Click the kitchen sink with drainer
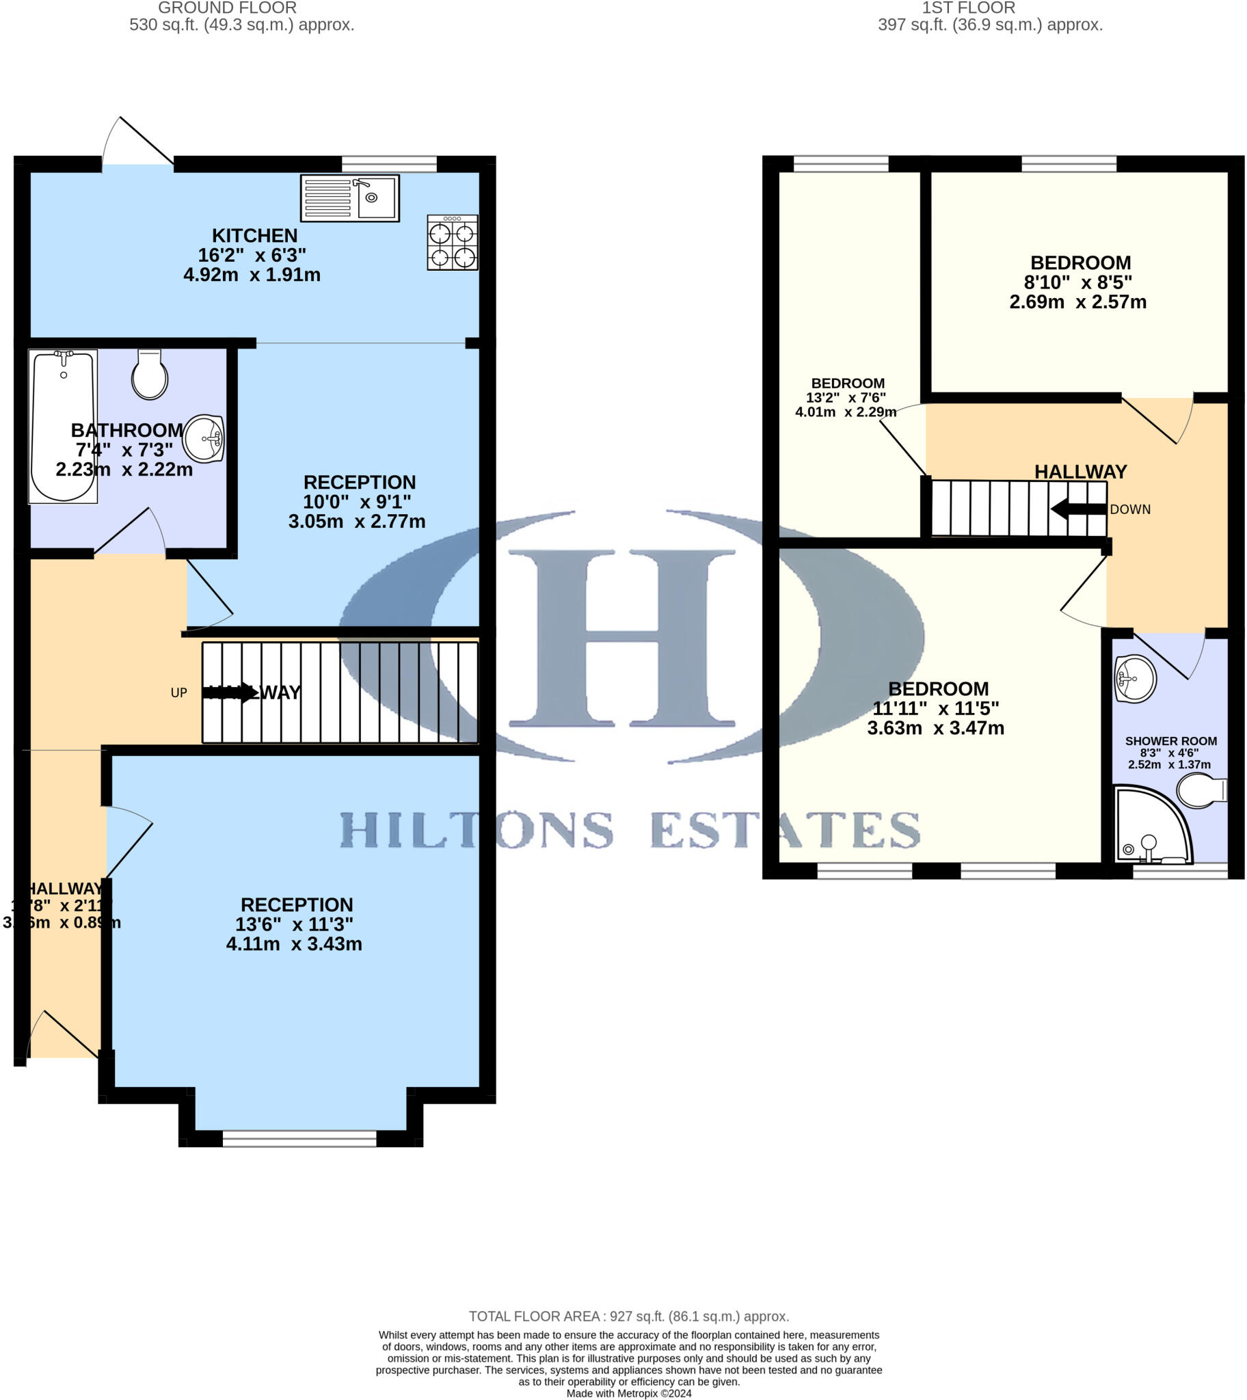pyautogui.click(x=349, y=199)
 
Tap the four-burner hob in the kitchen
pyautogui.click(x=452, y=243)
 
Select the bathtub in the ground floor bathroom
pyautogui.click(x=63, y=426)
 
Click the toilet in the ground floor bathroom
pyautogui.click(x=149, y=375)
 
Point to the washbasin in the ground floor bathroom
pyautogui.click(x=204, y=438)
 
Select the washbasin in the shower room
pyautogui.click(x=1135, y=679)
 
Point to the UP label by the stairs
pyautogui.click(x=179, y=692)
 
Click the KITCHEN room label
pyautogui.click(x=254, y=236)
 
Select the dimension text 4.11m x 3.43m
pyautogui.click(x=294, y=944)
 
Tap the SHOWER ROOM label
pyautogui.click(x=1170, y=741)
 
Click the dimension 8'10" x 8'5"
pyautogui.click(x=1077, y=282)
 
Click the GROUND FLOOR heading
pyautogui.click(x=227, y=8)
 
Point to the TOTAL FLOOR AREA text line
pyautogui.click(x=628, y=1317)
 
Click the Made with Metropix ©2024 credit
pyautogui.click(x=628, y=1393)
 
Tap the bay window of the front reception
pyautogui.click(x=299, y=1138)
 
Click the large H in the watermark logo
pyautogui.click(x=621, y=637)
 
